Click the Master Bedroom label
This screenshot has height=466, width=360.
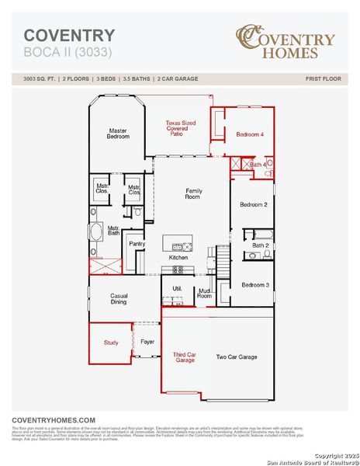(117, 134)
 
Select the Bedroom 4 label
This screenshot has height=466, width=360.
(250, 134)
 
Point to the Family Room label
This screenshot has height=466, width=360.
(193, 193)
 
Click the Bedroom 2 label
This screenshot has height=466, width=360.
(254, 204)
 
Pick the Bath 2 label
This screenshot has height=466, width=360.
(260, 245)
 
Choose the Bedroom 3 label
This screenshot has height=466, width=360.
(255, 285)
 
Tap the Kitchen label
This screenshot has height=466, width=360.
(178, 257)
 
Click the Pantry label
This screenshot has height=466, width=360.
(137, 244)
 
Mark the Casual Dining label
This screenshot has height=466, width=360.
(119, 298)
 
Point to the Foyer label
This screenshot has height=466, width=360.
(147, 341)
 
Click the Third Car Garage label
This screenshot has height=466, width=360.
(184, 357)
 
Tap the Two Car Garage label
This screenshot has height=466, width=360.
(236, 357)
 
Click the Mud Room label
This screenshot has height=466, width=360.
(204, 293)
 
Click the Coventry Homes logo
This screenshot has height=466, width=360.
(286, 42)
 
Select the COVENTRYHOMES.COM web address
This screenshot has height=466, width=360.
(54, 419)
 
